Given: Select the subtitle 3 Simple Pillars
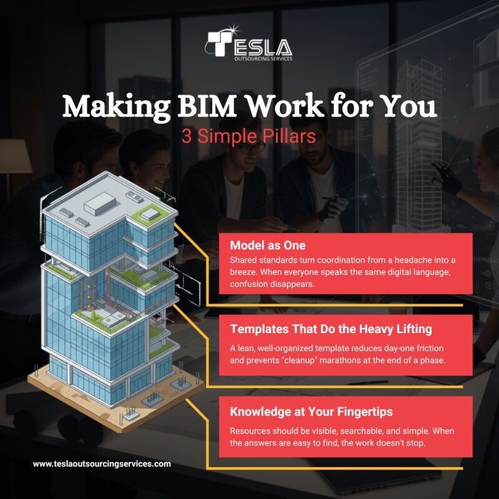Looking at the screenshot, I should tap(249, 136).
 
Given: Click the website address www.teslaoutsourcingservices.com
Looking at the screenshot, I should tap(102, 464).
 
